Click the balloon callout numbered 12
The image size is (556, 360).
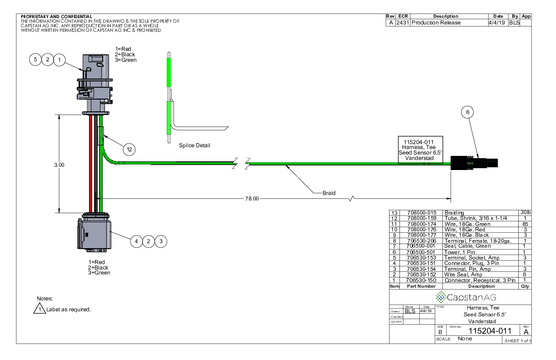point(129,148)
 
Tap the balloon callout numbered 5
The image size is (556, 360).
point(36,59)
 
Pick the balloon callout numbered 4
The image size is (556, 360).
point(137,241)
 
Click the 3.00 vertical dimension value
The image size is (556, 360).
point(60,165)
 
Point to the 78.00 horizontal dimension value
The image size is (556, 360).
point(252,199)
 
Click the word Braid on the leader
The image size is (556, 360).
point(329,193)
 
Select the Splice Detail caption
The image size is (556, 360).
point(195,145)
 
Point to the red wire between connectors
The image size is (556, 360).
point(91,164)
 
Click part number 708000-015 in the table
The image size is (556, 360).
point(421,213)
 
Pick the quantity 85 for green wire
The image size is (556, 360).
point(524,224)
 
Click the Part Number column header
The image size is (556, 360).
point(421,286)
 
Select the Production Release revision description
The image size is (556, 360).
point(436,23)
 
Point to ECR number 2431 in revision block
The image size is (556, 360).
point(402,23)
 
